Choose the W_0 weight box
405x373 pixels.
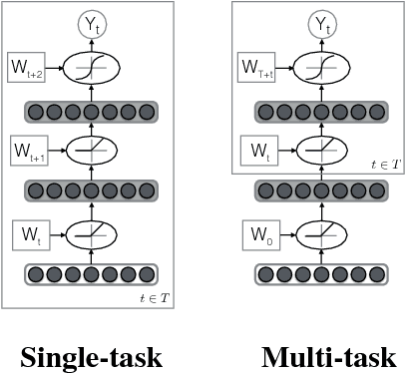[259, 237]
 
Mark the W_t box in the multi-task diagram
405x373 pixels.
[258, 153]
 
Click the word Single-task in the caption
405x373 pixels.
[91, 356]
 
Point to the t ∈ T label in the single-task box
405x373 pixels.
[157, 297]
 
